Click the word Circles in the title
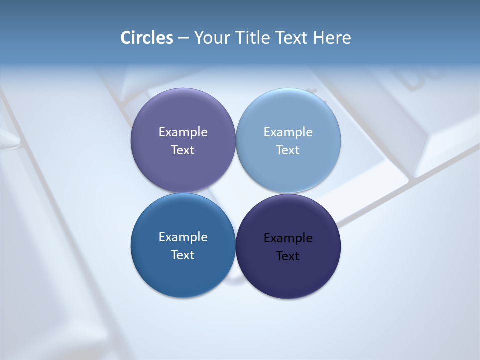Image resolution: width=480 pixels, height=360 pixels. (x=147, y=38)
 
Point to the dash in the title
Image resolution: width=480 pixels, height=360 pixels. (x=183, y=38)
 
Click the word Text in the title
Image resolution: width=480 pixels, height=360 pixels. (x=292, y=38)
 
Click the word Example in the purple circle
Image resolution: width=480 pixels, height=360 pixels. (x=183, y=132)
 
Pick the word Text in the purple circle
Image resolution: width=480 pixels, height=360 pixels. (x=183, y=150)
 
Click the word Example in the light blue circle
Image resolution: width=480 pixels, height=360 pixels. (x=288, y=132)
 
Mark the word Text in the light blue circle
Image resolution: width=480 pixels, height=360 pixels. (x=288, y=150)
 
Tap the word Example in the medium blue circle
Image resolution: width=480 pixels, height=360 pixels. (x=183, y=237)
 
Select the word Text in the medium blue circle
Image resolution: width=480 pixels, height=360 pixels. (x=183, y=255)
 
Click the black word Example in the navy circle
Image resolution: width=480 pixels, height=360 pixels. (x=288, y=238)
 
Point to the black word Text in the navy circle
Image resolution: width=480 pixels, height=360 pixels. (x=288, y=256)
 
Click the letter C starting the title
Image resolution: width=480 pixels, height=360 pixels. (x=126, y=38)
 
